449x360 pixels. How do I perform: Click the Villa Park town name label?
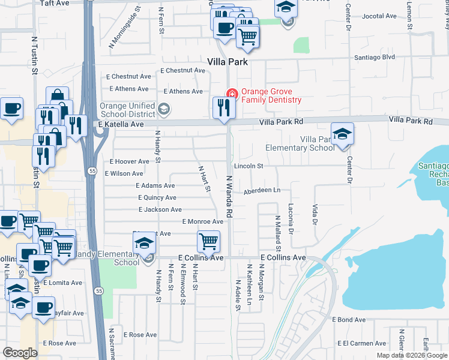point(228,62)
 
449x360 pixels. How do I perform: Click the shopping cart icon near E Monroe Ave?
point(208,241)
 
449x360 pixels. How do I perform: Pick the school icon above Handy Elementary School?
point(144,243)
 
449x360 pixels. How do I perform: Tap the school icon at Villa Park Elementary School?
point(342,134)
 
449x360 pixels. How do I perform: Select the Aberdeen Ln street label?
point(262,190)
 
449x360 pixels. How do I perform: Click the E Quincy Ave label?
point(157,197)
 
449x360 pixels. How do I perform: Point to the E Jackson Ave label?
point(160,209)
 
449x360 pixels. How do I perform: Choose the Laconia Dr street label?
point(291,226)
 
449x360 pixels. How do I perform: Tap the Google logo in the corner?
point(20,353)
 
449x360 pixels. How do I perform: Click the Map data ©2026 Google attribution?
point(411,355)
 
